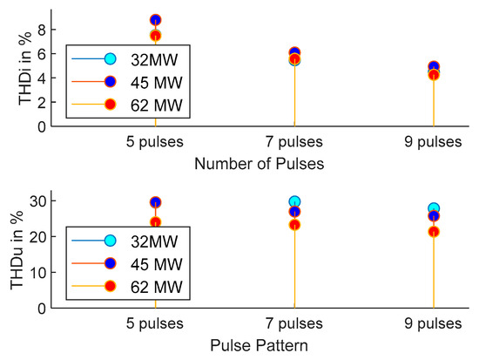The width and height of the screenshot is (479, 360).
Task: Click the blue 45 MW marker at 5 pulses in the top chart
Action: tap(155, 19)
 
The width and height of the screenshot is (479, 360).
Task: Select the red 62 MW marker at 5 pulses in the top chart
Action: tap(155, 36)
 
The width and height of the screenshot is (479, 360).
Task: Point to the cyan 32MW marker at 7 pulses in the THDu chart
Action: tap(294, 201)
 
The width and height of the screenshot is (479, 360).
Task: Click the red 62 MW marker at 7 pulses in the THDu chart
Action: tap(294, 225)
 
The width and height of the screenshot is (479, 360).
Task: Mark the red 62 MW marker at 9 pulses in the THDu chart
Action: tap(433, 232)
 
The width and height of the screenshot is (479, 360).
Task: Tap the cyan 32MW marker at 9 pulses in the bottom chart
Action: tap(433, 208)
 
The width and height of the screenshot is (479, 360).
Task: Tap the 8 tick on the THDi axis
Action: tap(41, 29)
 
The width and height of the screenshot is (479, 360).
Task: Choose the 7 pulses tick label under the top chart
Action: tap(294, 142)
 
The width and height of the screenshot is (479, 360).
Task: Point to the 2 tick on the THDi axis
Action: tap(41, 102)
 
